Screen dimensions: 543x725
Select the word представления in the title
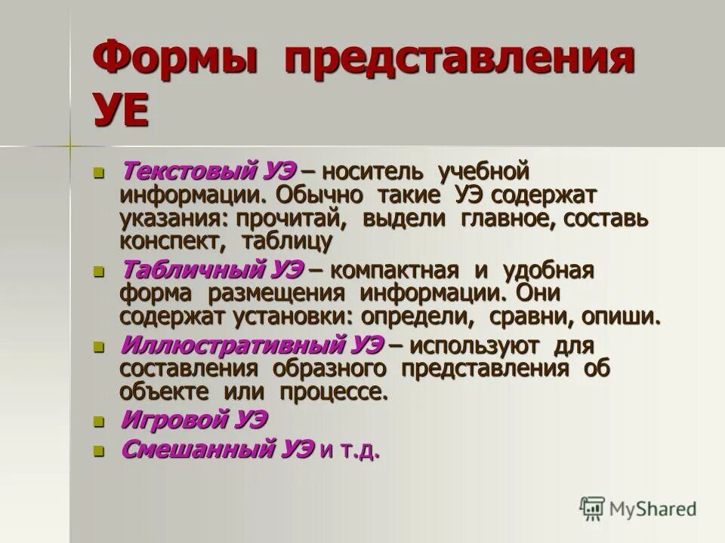coord(458,60)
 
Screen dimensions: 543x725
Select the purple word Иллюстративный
coord(233,346)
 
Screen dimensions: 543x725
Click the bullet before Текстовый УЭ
coord(97,173)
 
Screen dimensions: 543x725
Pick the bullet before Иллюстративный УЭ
coord(97,348)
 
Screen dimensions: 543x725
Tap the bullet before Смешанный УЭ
coord(97,452)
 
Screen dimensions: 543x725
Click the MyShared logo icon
coord(593,508)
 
